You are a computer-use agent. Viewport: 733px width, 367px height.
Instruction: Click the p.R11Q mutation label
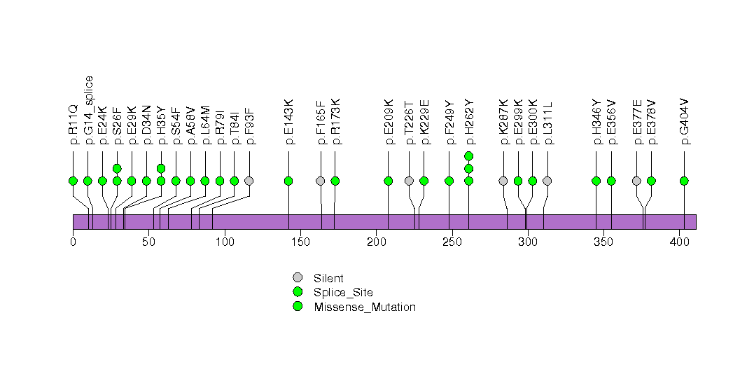(x=73, y=125)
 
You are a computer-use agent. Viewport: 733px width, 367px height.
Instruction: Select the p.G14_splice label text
(x=88, y=110)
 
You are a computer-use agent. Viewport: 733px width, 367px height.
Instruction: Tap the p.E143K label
(x=288, y=122)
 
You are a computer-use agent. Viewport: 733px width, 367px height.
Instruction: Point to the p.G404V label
(x=684, y=122)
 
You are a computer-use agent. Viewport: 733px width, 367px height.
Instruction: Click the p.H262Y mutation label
(x=469, y=122)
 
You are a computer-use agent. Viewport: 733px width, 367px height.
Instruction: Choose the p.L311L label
(x=547, y=123)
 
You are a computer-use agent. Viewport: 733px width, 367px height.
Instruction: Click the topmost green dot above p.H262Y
(x=469, y=155)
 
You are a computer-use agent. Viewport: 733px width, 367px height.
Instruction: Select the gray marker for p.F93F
(x=249, y=181)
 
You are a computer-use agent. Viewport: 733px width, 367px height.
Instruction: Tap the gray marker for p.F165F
(x=320, y=181)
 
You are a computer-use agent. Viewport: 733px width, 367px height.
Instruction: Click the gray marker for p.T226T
(x=409, y=181)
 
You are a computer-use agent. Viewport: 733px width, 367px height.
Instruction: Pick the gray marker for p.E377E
(x=636, y=181)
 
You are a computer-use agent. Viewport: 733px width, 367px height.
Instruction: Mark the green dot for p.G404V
(x=684, y=181)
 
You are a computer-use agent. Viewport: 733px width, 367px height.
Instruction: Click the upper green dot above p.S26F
(x=117, y=168)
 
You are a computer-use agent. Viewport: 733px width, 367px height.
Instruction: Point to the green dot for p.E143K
(x=288, y=181)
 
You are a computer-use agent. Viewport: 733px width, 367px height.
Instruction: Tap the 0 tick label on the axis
(x=73, y=242)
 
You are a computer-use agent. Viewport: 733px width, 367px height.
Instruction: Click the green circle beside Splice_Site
(x=298, y=292)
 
